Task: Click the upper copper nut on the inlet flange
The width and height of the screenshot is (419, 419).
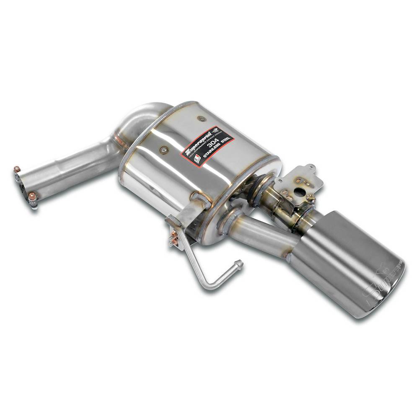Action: pyautogui.click(x=17, y=170)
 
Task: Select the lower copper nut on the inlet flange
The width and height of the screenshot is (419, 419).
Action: pyautogui.click(x=33, y=196)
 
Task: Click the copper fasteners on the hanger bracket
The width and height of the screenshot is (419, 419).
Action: pyautogui.click(x=173, y=239)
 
